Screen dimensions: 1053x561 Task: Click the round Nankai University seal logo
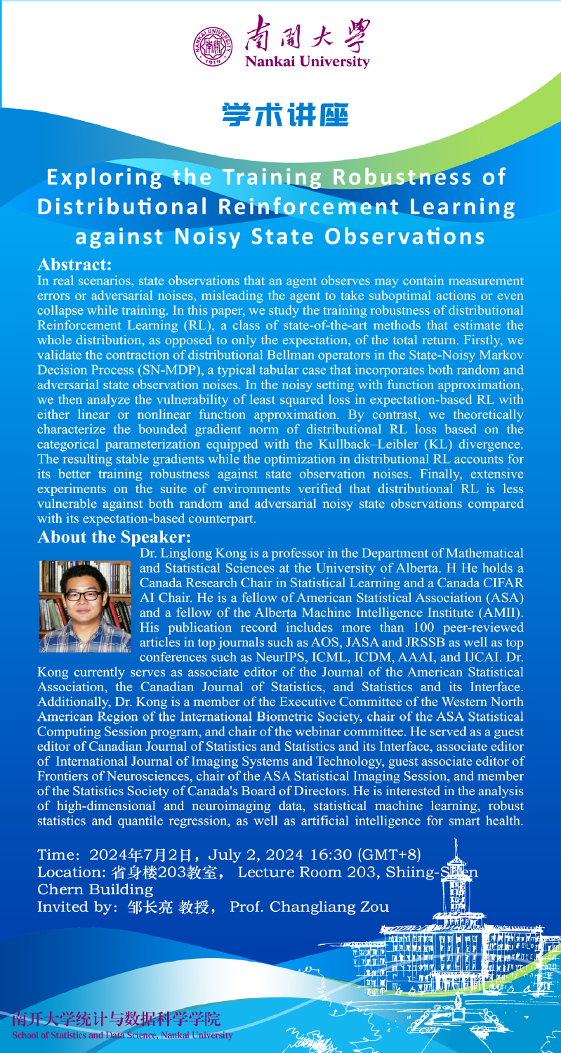click(x=212, y=44)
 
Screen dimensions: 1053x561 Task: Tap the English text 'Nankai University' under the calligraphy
click(x=307, y=61)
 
